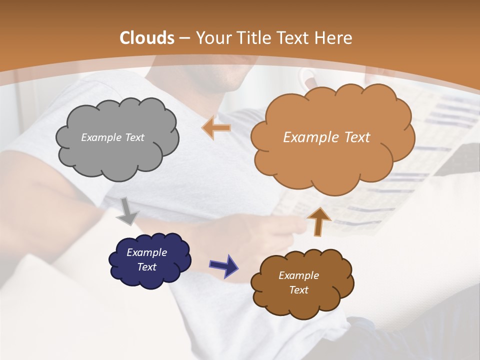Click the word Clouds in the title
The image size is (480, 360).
click(x=147, y=38)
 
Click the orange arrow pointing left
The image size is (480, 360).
click(x=216, y=128)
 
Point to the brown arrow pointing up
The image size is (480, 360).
click(x=318, y=221)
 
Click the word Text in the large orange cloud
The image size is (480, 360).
click(x=353, y=137)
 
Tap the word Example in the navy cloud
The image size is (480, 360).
click(x=146, y=252)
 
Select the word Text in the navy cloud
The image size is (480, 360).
click(x=146, y=267)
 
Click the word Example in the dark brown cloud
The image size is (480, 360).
click(x=298, y=275)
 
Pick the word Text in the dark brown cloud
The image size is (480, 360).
click(x=298, y=290)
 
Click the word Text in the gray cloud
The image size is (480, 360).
click(x=133, y=137)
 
